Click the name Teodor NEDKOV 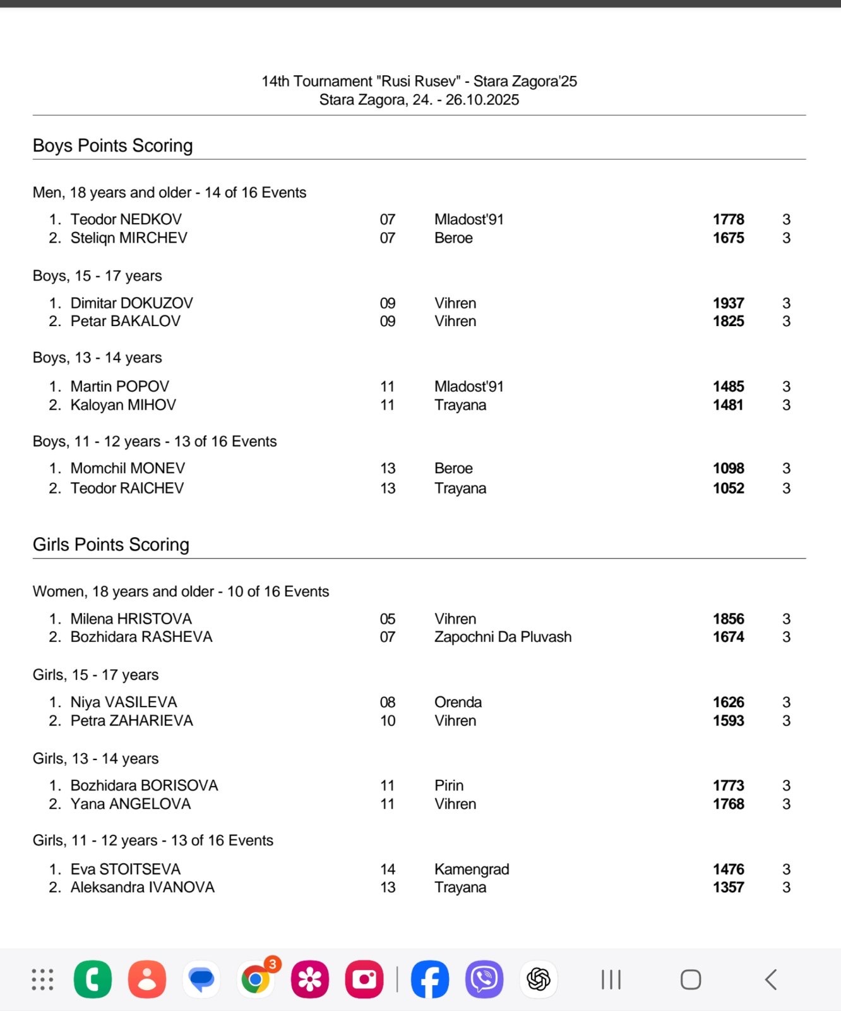click(x=126, y=219)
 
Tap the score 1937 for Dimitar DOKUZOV click(x=728, y=303)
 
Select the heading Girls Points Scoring click(x=111, y=545)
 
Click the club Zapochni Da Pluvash click(x=503, y=637)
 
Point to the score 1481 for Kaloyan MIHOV click(x=728, y=405)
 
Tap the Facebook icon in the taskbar click(x=430, y=979)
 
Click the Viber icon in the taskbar click(x=484, y=979)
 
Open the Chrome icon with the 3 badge click(x=256, y=979)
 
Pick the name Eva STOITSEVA click(x=125, y=869)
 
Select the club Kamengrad click(x=472, y=869)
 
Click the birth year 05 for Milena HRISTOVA click(x=387, y=619)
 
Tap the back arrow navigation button click(x=771, y=979)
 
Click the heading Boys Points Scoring click(x=112, y=146)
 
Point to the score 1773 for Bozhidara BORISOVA click(x=728, y=785)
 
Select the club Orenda click(x=458, y=703)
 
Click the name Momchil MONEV click(x=128, y=468)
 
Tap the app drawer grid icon click(x=43, y=979)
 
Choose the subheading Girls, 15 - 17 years click(x=95, y=675)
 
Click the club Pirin click(x=449, y=785)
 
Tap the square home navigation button click(x=691, y=979)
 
